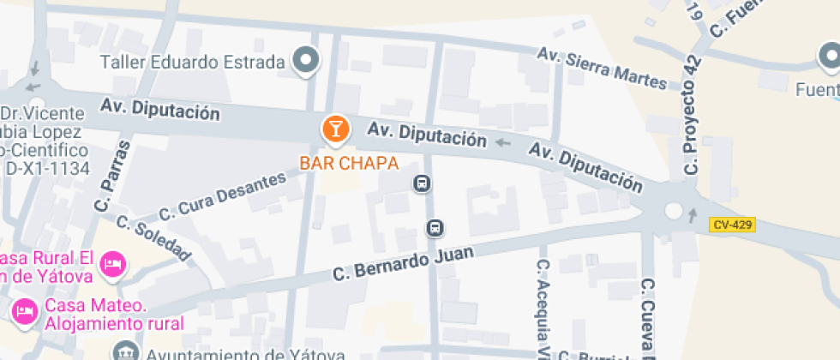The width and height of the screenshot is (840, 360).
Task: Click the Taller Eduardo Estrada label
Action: point(192,62)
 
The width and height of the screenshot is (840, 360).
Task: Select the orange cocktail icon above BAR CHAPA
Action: point(335,129)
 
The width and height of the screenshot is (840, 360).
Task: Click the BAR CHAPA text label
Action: point(349,163)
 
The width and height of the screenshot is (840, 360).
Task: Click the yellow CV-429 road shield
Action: point(732,225)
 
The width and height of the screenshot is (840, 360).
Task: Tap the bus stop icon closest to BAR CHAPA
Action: point(421,183)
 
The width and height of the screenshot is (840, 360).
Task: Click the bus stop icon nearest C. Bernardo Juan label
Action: point(435,228)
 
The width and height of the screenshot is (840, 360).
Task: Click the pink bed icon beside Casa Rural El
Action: point(112,263)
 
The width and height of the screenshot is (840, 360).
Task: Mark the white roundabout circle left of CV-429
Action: point(673,210)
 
